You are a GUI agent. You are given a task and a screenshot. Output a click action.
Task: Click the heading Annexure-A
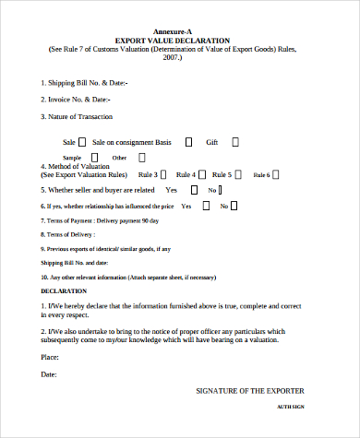(180, 32)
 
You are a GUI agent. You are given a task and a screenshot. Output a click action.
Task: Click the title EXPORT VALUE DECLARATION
(180, 41)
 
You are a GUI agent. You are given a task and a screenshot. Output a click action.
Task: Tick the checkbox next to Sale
(82, 142)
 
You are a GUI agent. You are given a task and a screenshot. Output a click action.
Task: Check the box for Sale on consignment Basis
(188, 142)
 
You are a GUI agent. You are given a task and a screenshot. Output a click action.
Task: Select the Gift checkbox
(235, 142)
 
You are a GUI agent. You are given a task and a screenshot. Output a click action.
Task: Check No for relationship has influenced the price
(225, 206)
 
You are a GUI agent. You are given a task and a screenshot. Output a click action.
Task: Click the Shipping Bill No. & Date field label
(84, 83)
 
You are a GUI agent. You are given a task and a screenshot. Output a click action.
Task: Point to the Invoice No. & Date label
(76, 99)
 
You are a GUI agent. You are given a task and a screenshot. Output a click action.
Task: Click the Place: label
(50, 356)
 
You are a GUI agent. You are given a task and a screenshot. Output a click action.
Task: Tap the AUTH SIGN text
(290, 407)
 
